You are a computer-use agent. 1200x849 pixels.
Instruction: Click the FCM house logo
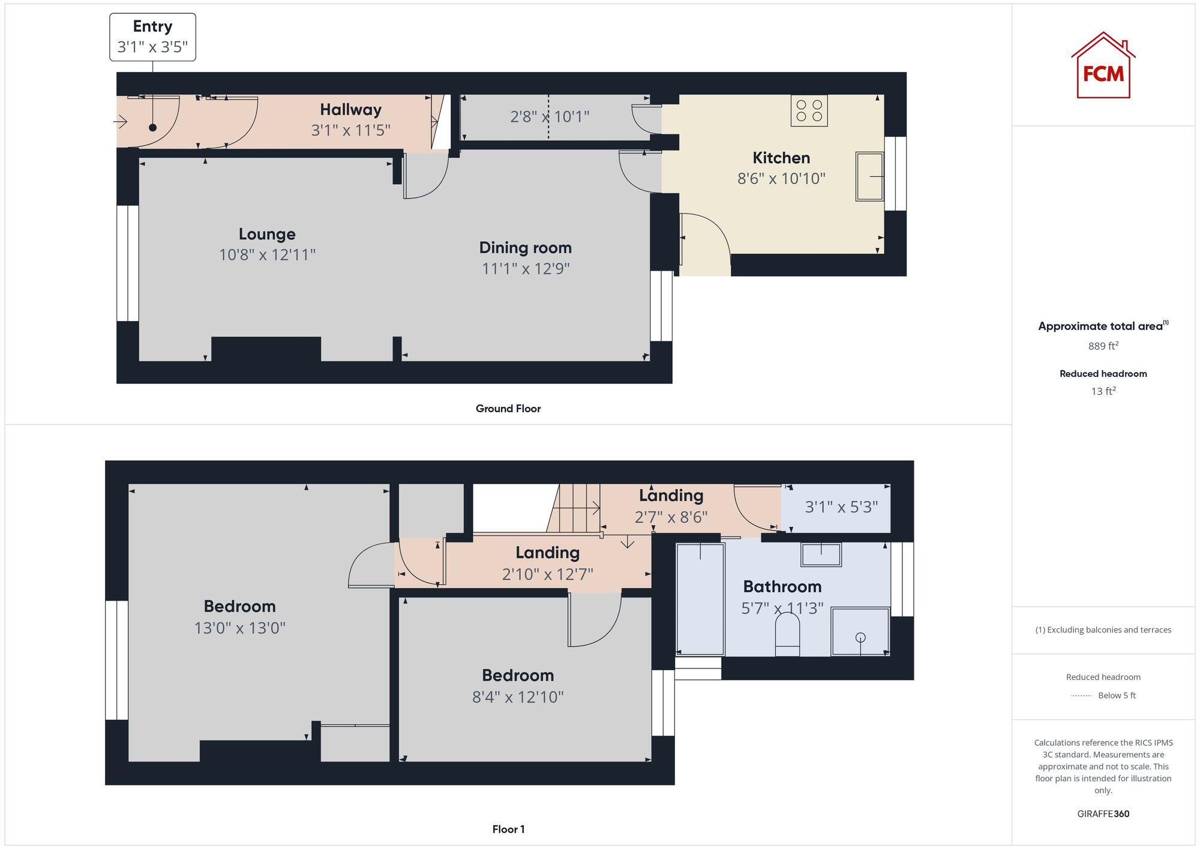click(x=1103, y=66)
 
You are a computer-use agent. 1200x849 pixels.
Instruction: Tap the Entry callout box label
click(x=152, y=27)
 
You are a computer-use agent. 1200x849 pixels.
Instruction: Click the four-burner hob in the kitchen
click(x=809, y=110)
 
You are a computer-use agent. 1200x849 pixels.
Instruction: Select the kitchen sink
click(x=869, y=176)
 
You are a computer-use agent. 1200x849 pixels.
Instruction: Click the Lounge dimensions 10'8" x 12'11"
click(x=267, y=254)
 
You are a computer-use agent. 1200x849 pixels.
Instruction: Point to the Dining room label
click(x=525, y=247)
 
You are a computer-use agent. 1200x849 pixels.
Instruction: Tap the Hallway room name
click(x=350, y=110)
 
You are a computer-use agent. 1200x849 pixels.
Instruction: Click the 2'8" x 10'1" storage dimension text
click(x=550, y=116)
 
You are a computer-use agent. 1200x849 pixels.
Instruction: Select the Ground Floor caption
click(x=508, y=409)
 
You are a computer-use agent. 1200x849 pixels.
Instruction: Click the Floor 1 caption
click(x=508, y=829)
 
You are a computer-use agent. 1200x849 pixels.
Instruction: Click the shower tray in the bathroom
click(x=860, y=632)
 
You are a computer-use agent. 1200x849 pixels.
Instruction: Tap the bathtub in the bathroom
click(x=700, y=599)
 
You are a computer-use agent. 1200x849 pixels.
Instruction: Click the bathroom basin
click(x=821, y=554)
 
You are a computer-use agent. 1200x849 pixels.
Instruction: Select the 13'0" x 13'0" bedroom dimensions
click(x=239, y=628)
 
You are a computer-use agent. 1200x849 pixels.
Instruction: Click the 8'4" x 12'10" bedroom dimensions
click(x=518, y=697)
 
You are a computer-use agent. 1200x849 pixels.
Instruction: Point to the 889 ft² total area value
click(x=1103, y=346)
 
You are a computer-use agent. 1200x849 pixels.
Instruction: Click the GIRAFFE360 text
click(x=1103, y=814)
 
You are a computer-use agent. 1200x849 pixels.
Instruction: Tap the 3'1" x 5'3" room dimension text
click(x=841, y=508)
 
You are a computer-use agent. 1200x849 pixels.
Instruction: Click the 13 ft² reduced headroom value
click(x=1103, y=391)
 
